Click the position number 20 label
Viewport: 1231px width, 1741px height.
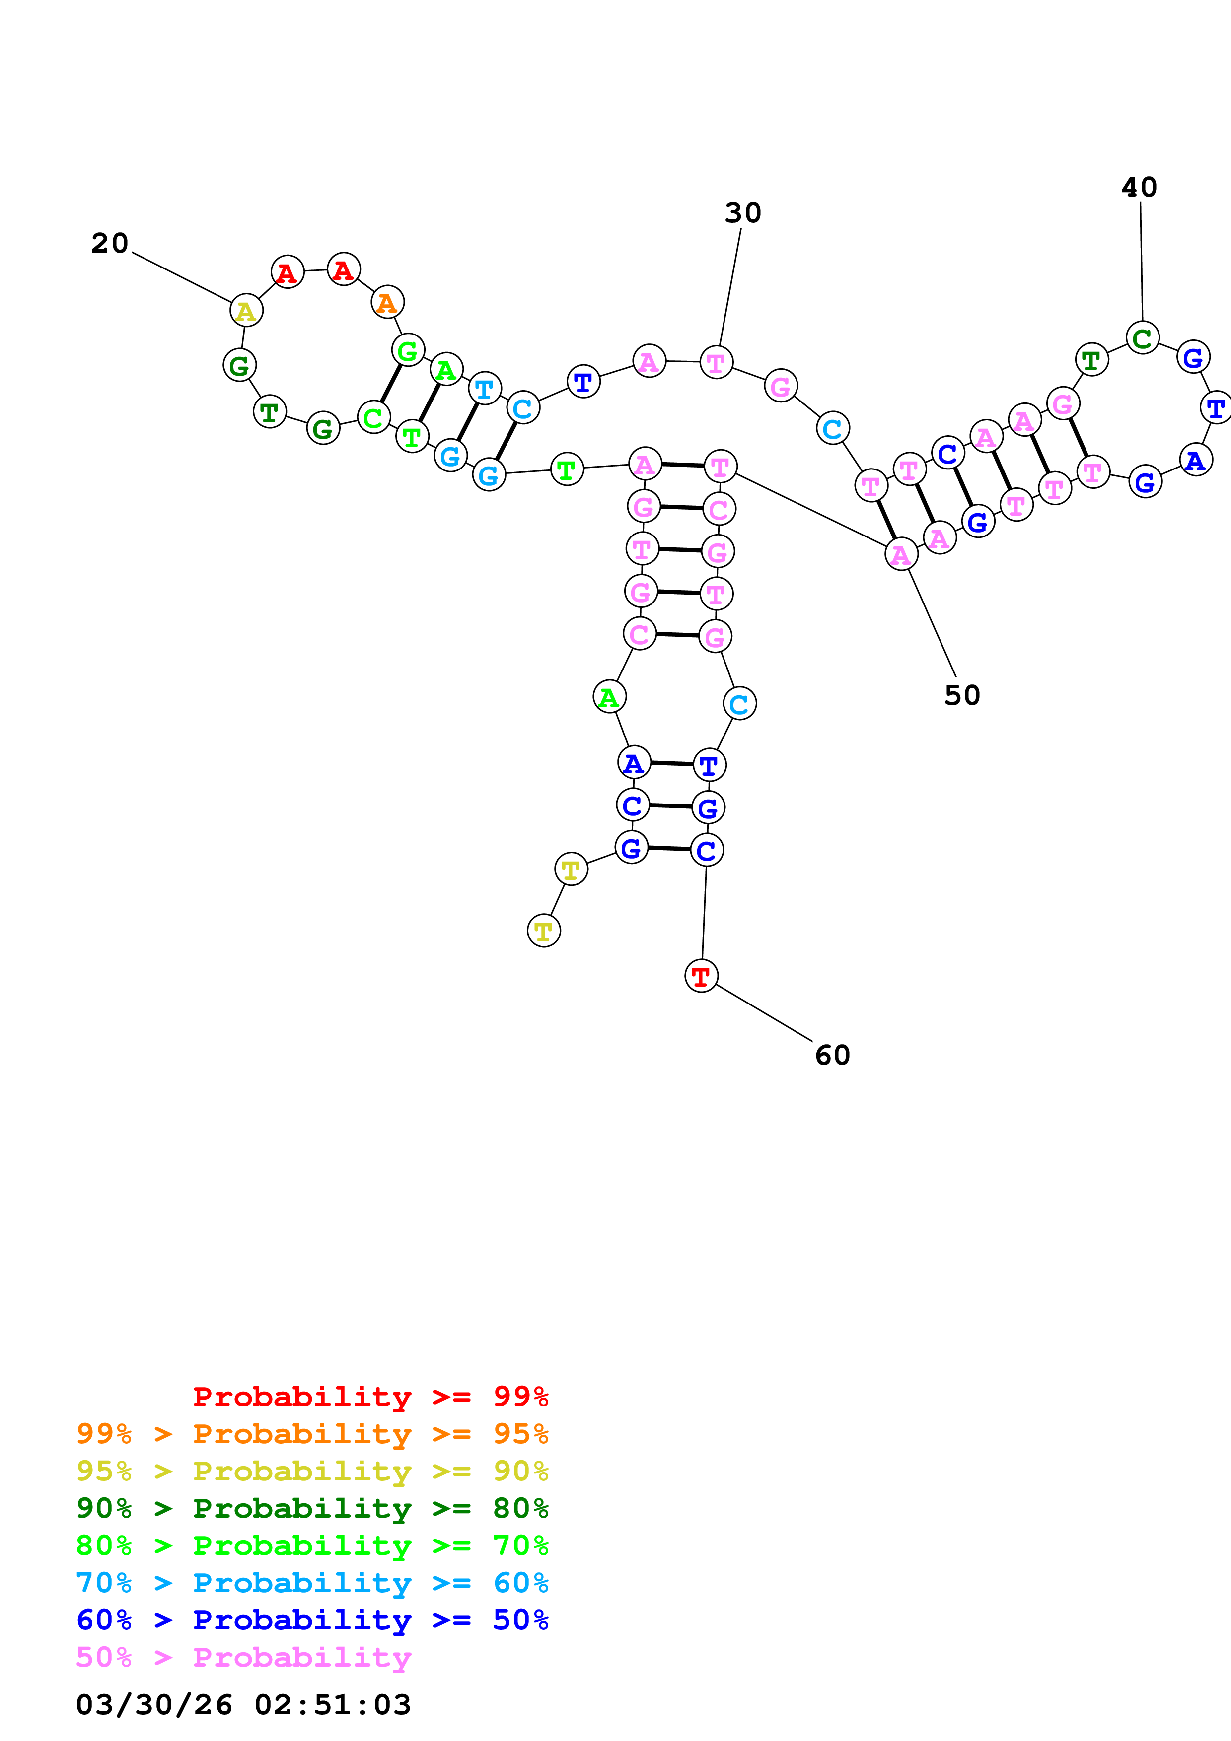point(110,243)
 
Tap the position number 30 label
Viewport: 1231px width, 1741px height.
point(742,213)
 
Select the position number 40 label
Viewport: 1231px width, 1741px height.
point(1139,187)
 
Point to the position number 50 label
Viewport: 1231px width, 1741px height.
point(962,695)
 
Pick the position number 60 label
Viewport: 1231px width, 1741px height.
point(832,1055)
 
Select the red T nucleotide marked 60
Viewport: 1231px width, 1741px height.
point(701,976)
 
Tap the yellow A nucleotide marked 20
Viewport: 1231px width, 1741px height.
point(246,311)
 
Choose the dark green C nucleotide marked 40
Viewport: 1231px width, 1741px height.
point(1142,338)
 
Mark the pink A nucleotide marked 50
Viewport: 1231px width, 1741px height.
point(901,555)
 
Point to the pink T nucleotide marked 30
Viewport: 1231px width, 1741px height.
point(716,362)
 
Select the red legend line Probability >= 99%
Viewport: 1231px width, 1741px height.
point(371,1397)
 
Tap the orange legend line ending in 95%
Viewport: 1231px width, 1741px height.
point(312,1434)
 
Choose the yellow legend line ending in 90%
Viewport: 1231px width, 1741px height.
point(312,1471)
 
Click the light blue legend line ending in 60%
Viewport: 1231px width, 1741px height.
point(312,1583)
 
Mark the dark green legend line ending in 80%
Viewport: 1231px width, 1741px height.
point(312,1508)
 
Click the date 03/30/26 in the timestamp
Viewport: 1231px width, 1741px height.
point(154,1705)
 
